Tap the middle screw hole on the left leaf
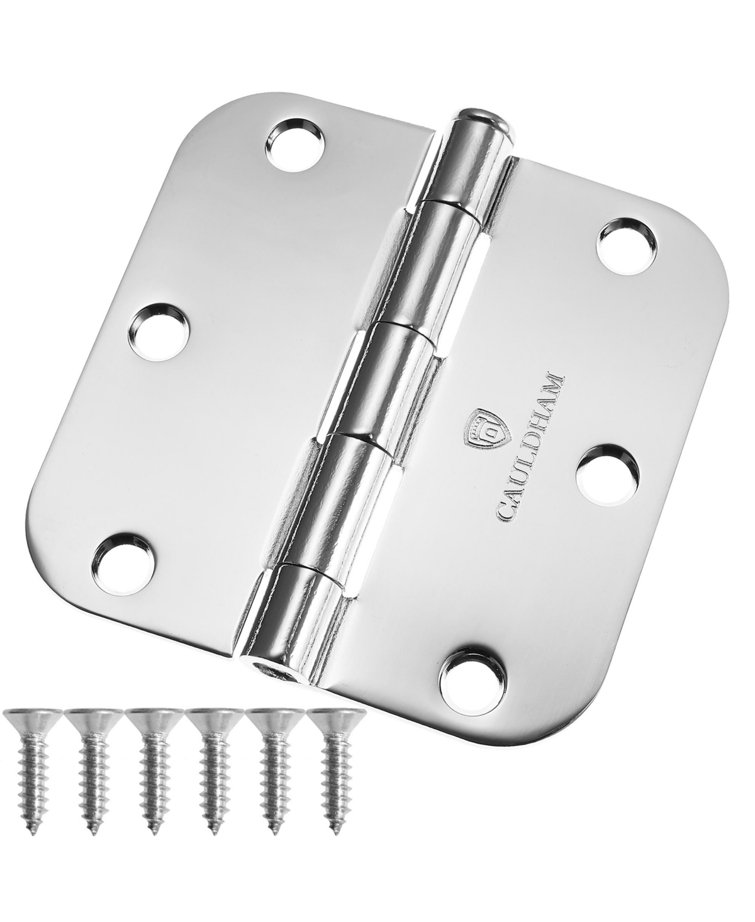[159, 324]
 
